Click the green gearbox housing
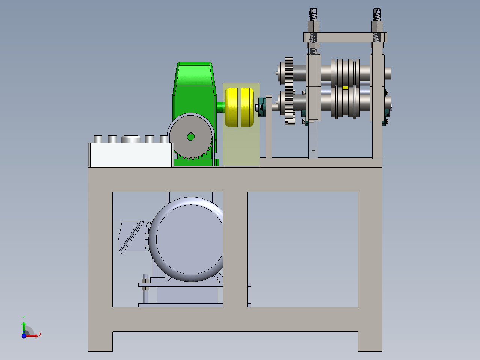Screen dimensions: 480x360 [x=194, y=92]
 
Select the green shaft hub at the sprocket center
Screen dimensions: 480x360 [x=191, y=137]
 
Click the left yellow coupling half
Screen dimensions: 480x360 [x=231, y=107]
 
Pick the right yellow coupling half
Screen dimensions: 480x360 [x=247, y=107]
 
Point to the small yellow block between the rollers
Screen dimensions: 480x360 [x=345, y=88]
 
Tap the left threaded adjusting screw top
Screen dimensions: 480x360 [x=313, y=14]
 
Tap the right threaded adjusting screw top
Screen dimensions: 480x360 [x=377, y=14]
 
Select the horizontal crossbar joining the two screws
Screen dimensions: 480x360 [x=345, y=38]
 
